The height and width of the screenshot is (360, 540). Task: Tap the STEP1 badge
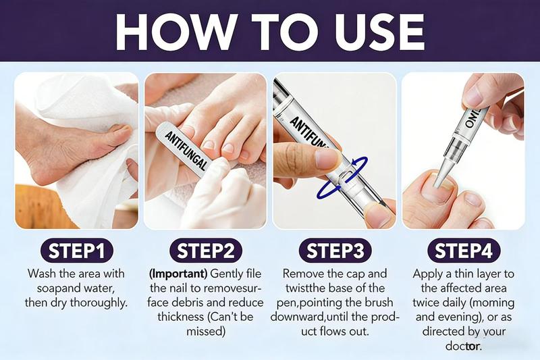click(x=76, y=251)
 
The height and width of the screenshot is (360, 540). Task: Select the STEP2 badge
click(x=206, y=251)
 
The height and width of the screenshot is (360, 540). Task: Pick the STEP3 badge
click(x=335, y=251)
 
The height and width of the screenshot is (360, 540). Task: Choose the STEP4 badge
click(x=464, y=251)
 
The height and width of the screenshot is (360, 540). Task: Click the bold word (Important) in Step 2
click(x=178, y=274)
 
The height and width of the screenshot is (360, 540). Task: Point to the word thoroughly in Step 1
click(x=99, y=303)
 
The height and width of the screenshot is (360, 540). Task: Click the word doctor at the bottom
click(x=463, y=346)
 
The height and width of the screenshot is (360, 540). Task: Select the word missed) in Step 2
click(x=206, y=332)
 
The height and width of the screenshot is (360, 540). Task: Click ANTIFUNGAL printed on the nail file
click(x=186, y=150)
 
